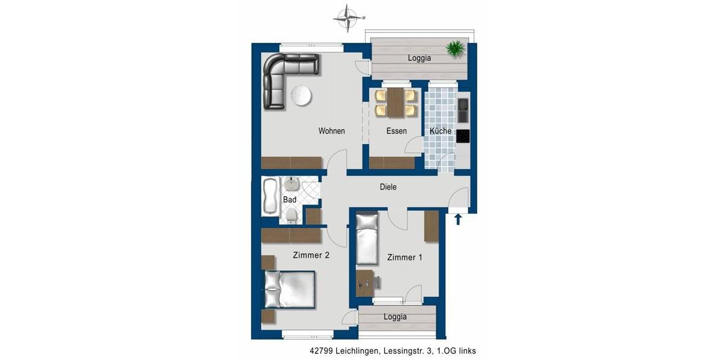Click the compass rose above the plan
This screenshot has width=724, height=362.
coord(348,18)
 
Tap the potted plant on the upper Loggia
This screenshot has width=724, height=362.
coord(456,48)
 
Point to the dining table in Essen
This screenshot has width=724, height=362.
coord(396,103)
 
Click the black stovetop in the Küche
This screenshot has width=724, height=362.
coord(463,136)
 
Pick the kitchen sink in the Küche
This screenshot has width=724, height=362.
coord(463,109)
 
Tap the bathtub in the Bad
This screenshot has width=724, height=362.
coord(270,197)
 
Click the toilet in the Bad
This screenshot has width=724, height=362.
coord(292,217)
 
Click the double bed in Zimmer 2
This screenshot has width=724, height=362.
coord(289,289)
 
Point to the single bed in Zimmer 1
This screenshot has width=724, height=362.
coord(366,239)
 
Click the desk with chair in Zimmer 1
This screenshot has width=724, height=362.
coord(366,282)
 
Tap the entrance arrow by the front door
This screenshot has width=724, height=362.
coord(458,218)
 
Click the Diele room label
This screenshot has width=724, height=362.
coord(388,187)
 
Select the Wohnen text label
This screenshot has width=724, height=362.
coord(332,131)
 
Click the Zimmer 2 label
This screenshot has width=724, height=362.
coord(311,255)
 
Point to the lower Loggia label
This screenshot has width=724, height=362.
coord(395,317)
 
